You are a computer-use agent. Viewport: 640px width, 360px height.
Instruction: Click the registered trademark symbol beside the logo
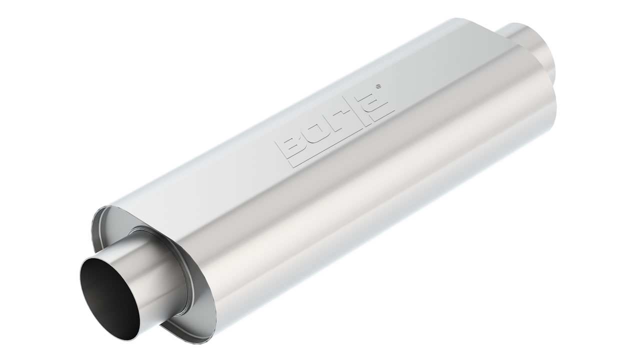[379, 85]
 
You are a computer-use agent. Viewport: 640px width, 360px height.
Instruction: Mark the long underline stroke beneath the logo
[341, 138]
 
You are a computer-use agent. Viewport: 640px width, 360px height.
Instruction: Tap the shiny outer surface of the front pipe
[148, 274]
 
